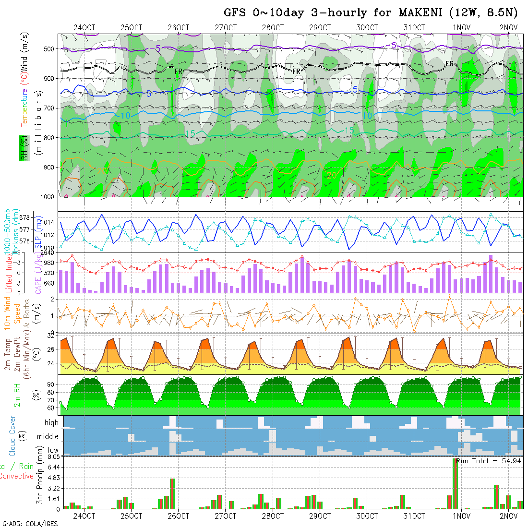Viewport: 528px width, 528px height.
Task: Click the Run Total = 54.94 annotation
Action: [x=489, y=460]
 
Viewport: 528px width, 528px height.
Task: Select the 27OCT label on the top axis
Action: [x=226, y=27]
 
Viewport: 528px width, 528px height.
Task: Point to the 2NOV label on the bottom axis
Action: [x=509, y=516]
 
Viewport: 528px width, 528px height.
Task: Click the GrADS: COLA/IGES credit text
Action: [x=30, y=524]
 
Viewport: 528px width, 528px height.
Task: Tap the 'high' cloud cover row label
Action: [x=51, y=423]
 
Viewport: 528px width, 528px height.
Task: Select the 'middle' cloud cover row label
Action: [x=48, y=437]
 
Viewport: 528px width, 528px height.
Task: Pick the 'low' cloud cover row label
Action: [x=53, y=450]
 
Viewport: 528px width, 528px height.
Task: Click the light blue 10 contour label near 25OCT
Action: [x=126, y=116]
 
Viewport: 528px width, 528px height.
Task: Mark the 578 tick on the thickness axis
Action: [x=27, y=217]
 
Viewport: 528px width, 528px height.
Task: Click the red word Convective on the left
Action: [x=16, y=476]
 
